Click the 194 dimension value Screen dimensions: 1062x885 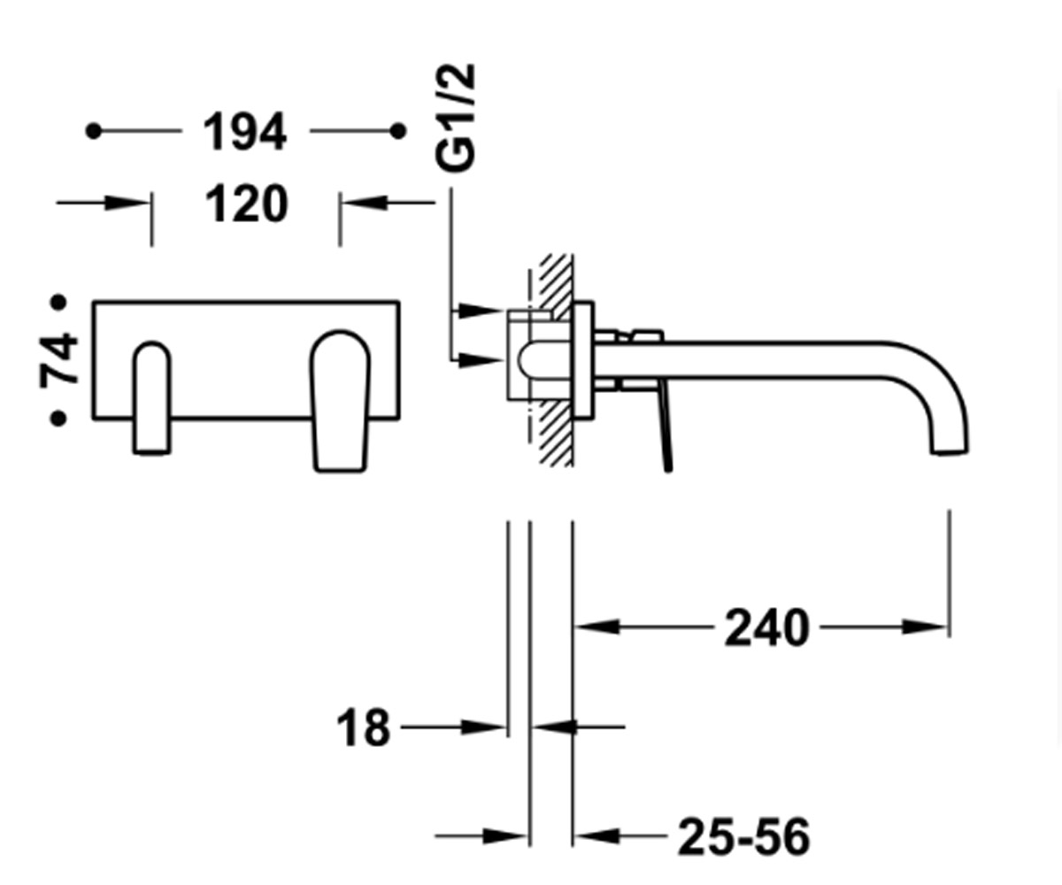244,131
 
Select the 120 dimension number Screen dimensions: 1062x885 247,204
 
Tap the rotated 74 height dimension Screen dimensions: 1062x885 59,360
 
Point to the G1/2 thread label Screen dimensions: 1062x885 455,118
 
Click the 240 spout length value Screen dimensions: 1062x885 766,628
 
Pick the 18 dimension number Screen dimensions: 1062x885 363,727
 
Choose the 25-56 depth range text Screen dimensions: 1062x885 743,836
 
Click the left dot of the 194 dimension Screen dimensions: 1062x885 94,131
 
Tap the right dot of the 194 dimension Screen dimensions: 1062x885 398,131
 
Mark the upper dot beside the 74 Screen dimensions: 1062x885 58,303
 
